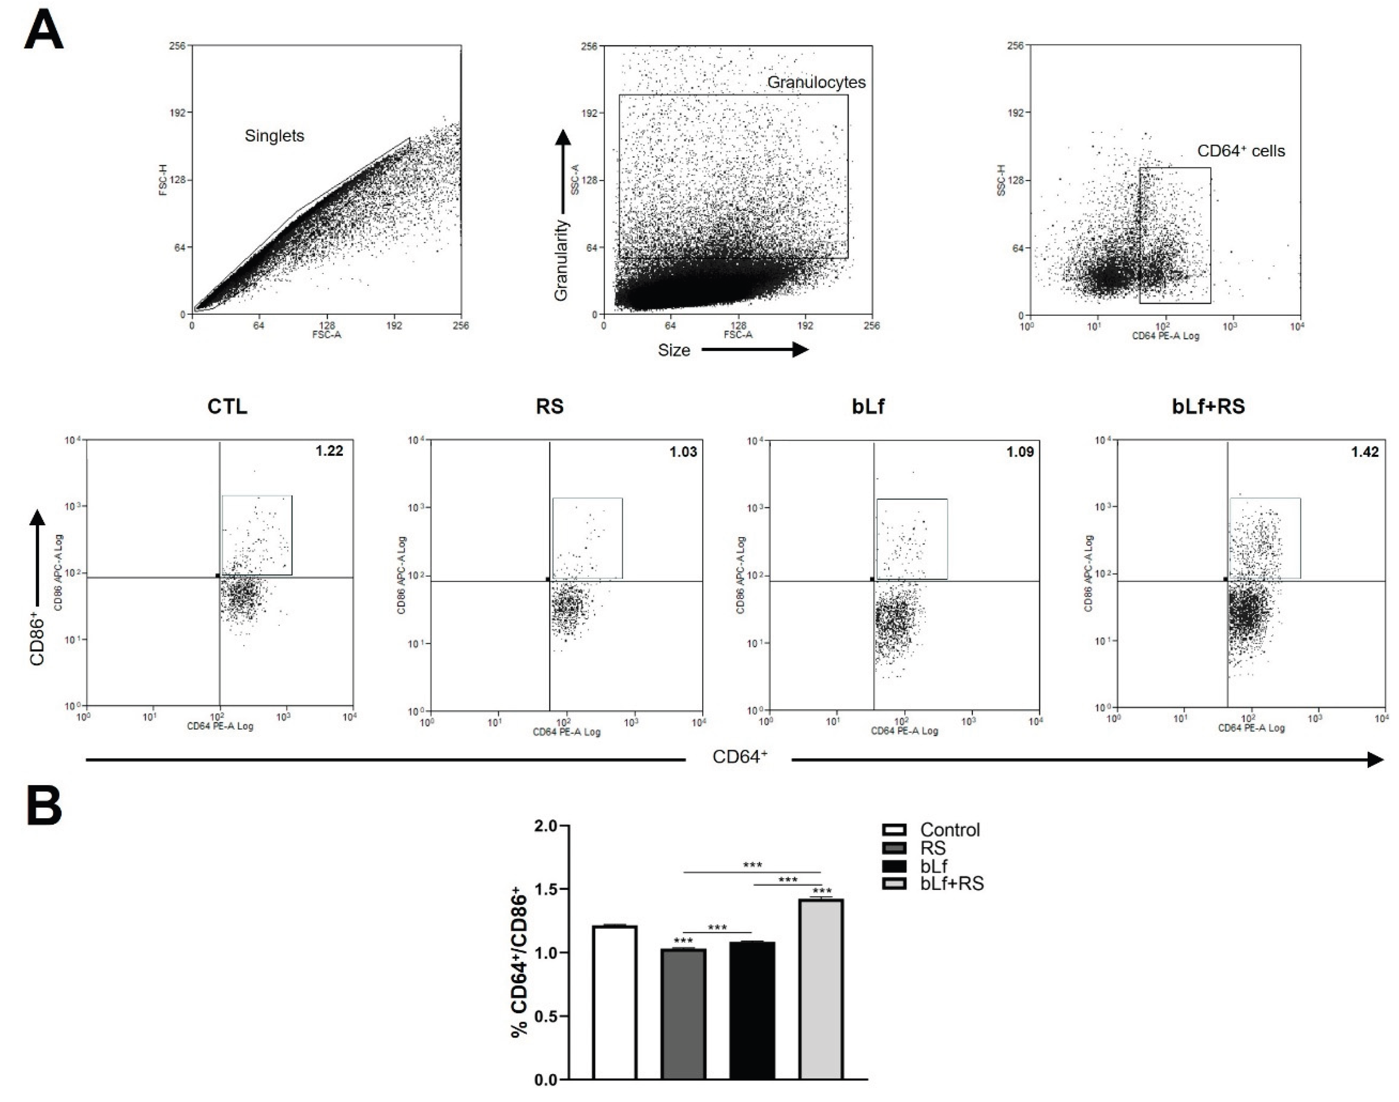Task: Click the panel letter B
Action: coord(44,806)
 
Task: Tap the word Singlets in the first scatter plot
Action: coord(274,136)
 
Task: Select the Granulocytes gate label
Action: coord(816,83)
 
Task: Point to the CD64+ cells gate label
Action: coord(1241,152)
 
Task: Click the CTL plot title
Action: coord(227,407)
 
